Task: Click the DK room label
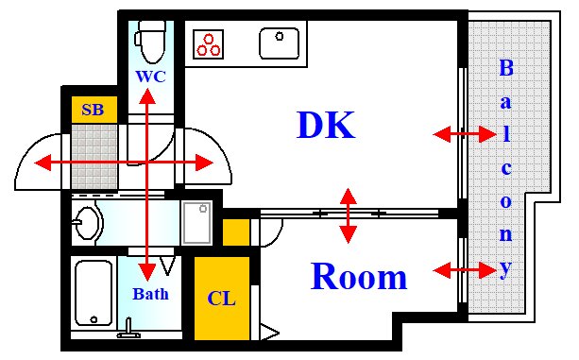(x=325, y=125)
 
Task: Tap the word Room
(x=359, y=277)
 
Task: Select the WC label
(x=150, y=76)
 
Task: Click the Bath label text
(x=150, y=294)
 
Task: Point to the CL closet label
(x=221, y=300)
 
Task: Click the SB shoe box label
(x=93, y=109)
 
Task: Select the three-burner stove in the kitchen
(x=210, y=43)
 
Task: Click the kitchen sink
(x=279, y=42)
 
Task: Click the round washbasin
(x=87, y=224)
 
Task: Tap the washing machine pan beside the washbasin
(x=197, y=223)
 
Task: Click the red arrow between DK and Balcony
(x=465, y=135)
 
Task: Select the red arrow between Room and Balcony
(x=465, y=271)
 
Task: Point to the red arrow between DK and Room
(x=349, y=214)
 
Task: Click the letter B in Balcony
(x=506, y=69)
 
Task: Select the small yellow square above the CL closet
(x=236, y=232)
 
